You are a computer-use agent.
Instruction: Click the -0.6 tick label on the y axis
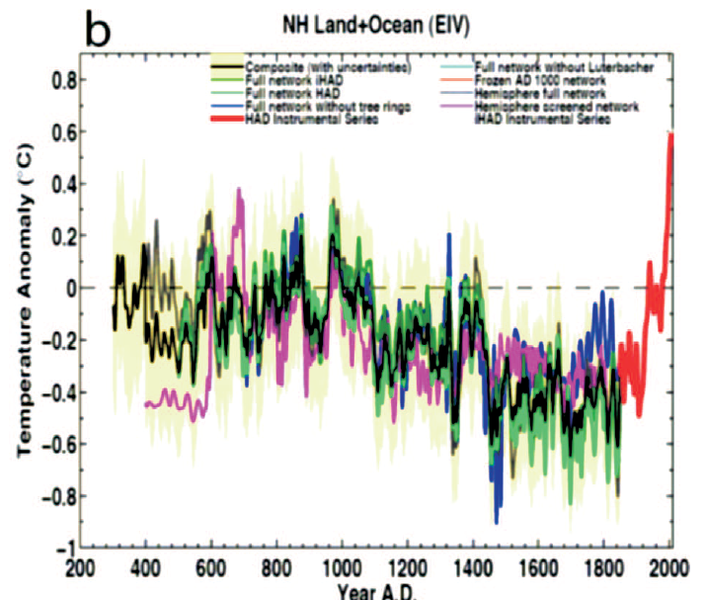click(x=55, y=444)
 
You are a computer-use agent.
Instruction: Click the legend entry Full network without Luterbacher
click(x=558, y=66)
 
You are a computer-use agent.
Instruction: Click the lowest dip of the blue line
click(x=497, y=521)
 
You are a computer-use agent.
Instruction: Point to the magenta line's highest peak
click(x=239, y=190)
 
